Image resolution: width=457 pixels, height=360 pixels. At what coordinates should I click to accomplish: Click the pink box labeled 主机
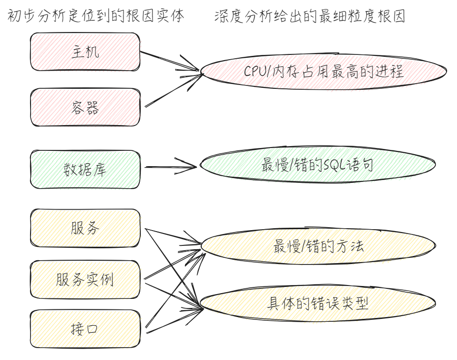pos(85,52)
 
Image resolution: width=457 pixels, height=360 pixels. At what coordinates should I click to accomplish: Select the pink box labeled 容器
pos(85,107)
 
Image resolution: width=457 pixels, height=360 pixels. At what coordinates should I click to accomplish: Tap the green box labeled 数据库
pos(85,169)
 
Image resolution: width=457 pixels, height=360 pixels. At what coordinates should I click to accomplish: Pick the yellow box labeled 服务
pos(85,228)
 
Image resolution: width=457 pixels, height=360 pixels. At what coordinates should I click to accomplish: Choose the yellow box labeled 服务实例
pos(85,279)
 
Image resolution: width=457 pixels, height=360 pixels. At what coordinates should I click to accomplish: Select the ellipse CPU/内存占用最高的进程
pos(323,72)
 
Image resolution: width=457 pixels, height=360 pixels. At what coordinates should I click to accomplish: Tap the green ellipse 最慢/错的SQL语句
pos(317,166)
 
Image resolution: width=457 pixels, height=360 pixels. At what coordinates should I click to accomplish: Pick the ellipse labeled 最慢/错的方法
pos(318,246)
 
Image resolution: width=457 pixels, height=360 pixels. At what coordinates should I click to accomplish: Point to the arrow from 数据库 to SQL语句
pos(169,167)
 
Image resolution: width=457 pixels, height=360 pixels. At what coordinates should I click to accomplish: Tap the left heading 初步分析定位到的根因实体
pos(95,16)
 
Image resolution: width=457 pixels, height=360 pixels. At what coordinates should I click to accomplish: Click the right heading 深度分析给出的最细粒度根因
pos(310,16)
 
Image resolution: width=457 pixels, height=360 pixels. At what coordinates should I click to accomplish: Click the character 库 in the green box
pos(100,169)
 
